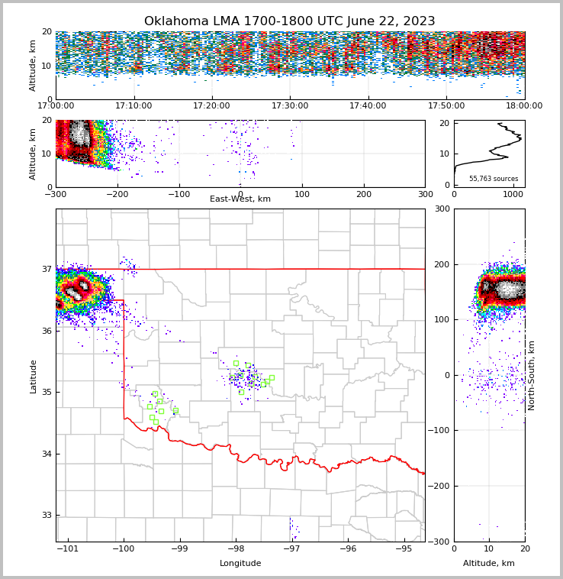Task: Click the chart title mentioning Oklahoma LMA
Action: click(x=289, y=21)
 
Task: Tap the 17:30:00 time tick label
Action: click(x=290, y=106)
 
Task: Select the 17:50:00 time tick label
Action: click(x=446, y=106)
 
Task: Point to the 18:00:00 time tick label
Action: click(x=524, y=106)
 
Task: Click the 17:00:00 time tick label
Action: click(x=56, y=106)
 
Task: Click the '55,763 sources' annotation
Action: click(x=494, y=179)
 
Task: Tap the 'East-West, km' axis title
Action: click(x=240, y=199)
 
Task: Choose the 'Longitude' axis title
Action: click(x=240, y=563)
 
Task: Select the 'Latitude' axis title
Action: click(x=34, y=376)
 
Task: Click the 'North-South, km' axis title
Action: click(x=532, y=375)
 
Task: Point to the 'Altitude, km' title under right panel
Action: click(x=489, y=563)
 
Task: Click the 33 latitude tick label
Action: click(x=46, y=516)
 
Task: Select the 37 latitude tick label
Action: click(x=46, y=270)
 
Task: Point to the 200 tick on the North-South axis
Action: click(x=442, y=264)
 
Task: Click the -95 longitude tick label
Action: click(x=404, y=548)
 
